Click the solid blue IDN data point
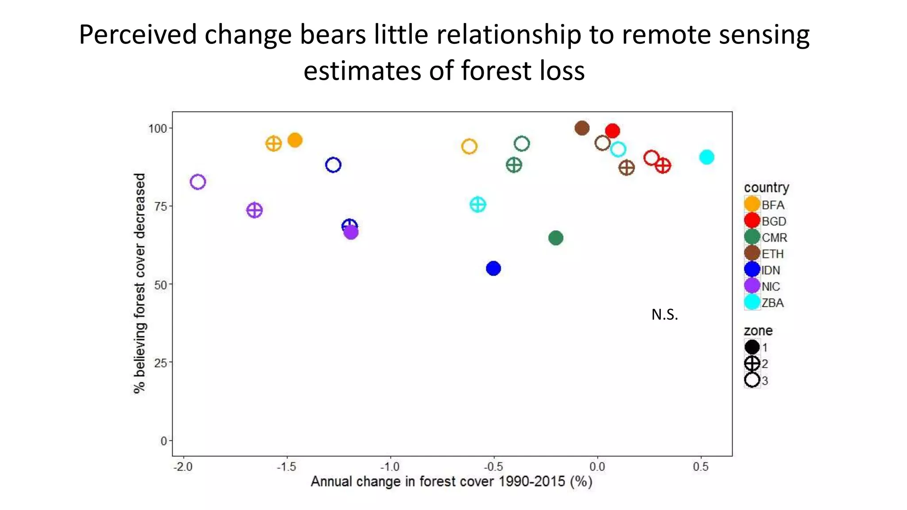493,268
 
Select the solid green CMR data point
555,238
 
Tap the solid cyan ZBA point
706,157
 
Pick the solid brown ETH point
581,128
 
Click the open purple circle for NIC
198,182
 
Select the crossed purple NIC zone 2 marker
254,210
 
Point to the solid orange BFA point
295,140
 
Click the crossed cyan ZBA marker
478,205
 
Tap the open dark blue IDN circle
333,165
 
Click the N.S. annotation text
664,315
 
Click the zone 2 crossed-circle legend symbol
752,363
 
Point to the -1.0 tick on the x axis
390,467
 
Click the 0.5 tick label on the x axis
701,467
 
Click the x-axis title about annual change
451,482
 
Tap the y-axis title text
140,283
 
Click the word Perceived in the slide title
138,35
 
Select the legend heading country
766,188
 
